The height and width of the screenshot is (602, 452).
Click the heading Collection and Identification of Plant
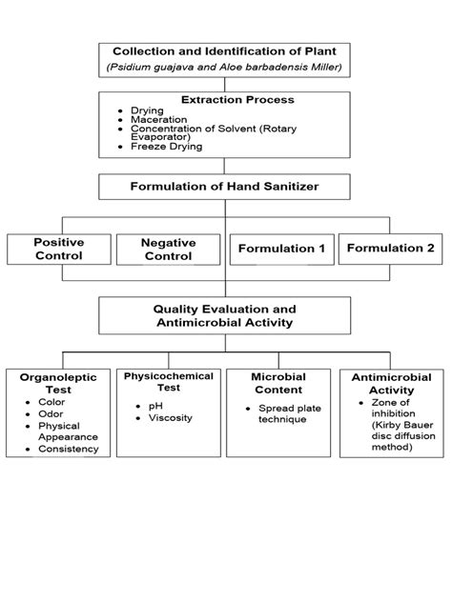[225, 50]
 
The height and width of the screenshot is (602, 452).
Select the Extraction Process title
[225, 99]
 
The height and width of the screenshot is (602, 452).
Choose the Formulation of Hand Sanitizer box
[225, 187]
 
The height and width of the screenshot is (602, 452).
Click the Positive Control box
[58, 250]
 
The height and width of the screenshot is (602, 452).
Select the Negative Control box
[168, 250]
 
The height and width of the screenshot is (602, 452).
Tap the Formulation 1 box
[281, 249]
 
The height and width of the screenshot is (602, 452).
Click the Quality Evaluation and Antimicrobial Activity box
[225, 316]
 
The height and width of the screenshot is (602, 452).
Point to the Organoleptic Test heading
[58, 384]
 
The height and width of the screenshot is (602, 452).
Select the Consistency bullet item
[68, 448]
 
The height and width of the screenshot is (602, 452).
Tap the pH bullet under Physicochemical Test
[154, 406]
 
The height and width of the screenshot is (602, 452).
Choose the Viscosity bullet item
[170, 417]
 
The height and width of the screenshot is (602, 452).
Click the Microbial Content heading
[277, 383]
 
